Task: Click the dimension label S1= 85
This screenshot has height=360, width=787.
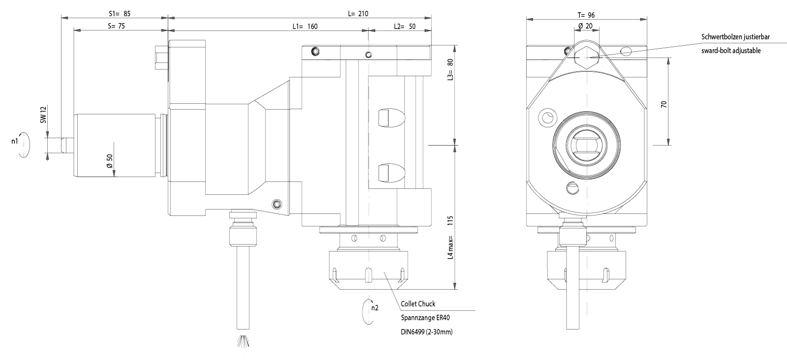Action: tap(120, 13)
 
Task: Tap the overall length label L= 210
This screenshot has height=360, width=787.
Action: tap(358, 13)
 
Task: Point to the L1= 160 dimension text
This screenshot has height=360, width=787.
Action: tap(304, 27)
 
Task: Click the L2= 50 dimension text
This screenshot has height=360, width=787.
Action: tap(405, 27)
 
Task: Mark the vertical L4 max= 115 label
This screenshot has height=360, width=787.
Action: tap(450, 239)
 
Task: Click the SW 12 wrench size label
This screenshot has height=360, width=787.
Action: tap(43, 116)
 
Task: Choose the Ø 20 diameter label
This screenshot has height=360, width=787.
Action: tap(585, 26)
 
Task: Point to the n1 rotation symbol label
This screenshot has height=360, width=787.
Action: tap(15, 141)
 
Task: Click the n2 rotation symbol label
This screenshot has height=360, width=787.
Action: tap(375, 308)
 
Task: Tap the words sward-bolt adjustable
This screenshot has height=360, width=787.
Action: tap(731, 50)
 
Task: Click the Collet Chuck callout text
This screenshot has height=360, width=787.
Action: tap(418, 303)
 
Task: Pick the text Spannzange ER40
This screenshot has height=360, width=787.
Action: tap(423, 318)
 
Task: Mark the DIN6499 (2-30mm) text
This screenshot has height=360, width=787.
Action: tap(426, 332)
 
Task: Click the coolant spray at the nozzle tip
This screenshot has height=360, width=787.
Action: tap(244, 342)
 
